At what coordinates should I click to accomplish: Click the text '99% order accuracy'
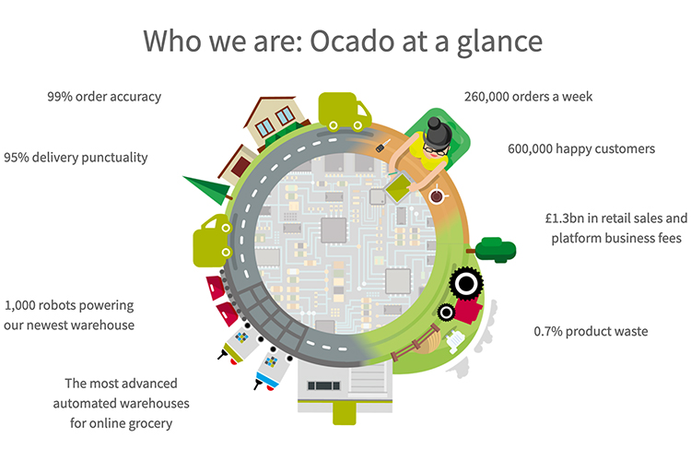click(104, 96)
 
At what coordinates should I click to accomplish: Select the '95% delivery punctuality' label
click(76, 157)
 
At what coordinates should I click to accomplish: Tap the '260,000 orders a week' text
click(528, 96)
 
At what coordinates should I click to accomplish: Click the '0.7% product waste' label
click(591, 331)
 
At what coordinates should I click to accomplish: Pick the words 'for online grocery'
click(120, 423)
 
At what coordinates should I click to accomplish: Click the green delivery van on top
click(344, 112)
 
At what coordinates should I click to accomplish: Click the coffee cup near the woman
click(437, 195)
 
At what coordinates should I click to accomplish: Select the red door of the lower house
click(241, 167)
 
